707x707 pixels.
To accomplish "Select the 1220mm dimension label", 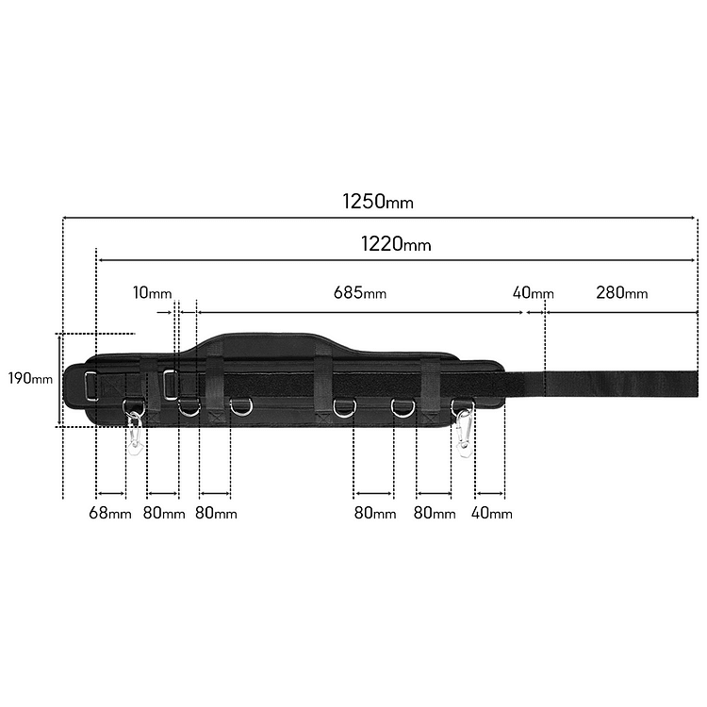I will pyautogui.click(x=396, y=244).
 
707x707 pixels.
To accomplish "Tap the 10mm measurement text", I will pyautogui.click(x=152, y=293).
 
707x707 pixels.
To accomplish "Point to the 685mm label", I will pyautogui.click(x=359, y=293).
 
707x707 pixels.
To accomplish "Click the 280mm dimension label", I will pyautogui.click(x=621, y=293).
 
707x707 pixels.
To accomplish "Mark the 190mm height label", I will pyautogui.click(x=30, y=379).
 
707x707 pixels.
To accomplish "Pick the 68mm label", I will pyautogui.click(x=109, y=514).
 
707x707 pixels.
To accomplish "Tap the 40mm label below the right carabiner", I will pyautogui.click(x=491, y=514).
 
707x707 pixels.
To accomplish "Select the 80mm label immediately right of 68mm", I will pyautogui.click(x=164, y=514).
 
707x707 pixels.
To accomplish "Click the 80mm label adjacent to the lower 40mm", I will pyautogui.click(x=434, y=514).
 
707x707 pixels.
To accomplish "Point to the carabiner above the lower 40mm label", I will pyautogui.click(x=464, y=431).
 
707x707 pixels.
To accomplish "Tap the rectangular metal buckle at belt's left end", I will pyautogui.click(x=91, y=386).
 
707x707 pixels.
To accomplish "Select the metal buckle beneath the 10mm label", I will pyautogui.click(x=171, y=383).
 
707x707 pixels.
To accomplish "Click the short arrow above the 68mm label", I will pyautogui.click(x=111, y=493).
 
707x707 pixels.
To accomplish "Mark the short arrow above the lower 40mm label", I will pyautogui.click(x=490, y=493).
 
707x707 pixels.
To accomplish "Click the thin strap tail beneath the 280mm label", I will pyautogui.click(x=613, y=383).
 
